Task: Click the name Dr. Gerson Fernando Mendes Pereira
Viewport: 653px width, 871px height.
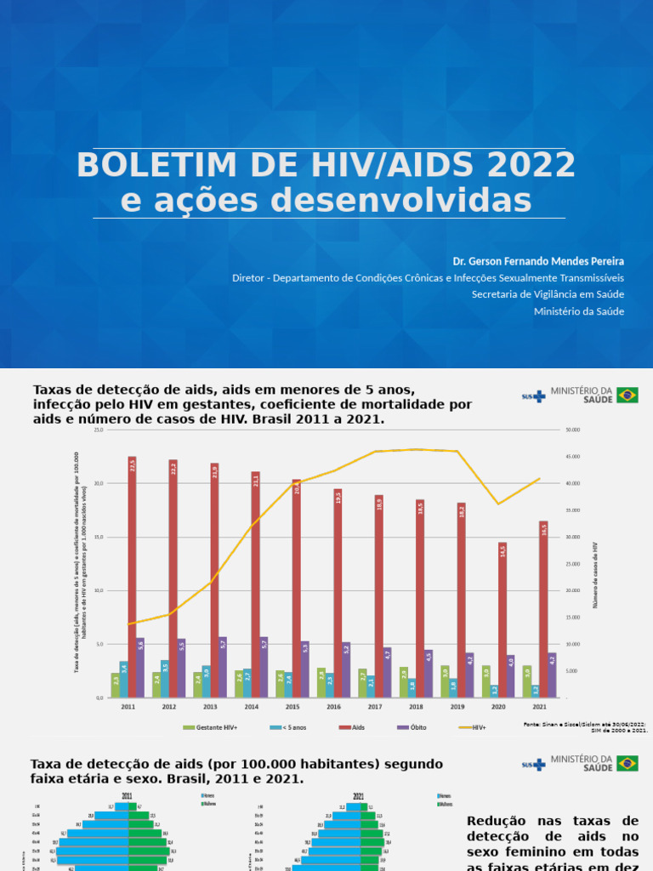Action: pyautogui.click(x=538, y=260)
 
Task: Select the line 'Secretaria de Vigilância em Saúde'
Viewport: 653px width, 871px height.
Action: pyautogui.click(x=548, y=294)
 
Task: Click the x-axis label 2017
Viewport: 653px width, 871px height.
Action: pyautogui.click(x=375, y=706)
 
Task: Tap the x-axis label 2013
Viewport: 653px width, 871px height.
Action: pyautogui.click(x=210, y=706)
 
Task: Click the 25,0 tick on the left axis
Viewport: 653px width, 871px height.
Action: pyautogui.click(x=99, y=430)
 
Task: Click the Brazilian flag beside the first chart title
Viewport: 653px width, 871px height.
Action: pyautogui.click(x=627, y=395)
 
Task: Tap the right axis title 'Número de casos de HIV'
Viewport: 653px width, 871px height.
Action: pyautogui.click(x=596, y=574)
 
